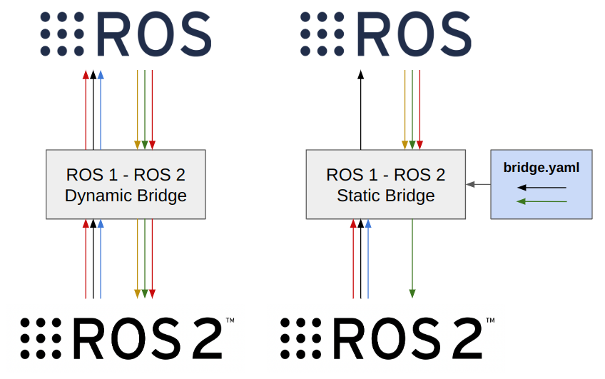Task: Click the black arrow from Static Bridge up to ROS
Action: pyautogui.click(x=360, y=111)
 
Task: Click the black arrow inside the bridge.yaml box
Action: pyautogui.click(x=542, y=188)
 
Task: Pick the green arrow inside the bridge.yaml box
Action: pyautogui.click(x=542, y=201)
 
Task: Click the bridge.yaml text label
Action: pyautogui.click(x=541, y=168)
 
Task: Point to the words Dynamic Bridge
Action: pyautogui.click(x=126, y=195)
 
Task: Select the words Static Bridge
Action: pyautogui.click(x=385, y=195)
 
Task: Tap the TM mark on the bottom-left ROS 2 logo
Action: pyautogui.click(x=230, y=322)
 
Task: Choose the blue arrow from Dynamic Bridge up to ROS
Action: pyautogui.click(x=101, y=111)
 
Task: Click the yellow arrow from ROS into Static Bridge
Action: pyautogui.click(x=405, y=111)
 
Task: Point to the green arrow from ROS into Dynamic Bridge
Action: pyautogui.click(x=145, y=111)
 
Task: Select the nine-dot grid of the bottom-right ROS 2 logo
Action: pyautogui.click(x=301, y=338)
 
